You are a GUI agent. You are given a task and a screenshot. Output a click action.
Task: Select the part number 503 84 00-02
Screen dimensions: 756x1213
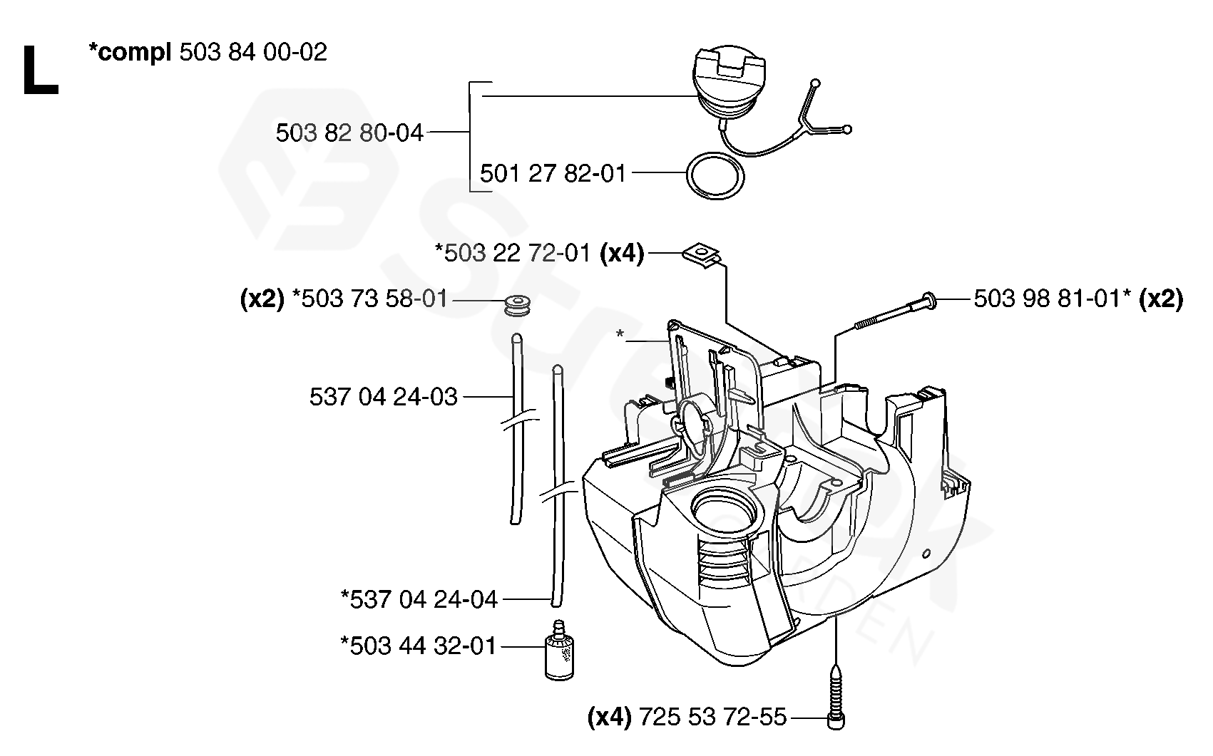coord(253,52)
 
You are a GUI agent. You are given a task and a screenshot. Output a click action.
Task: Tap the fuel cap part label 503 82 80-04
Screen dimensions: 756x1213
coord(349,133)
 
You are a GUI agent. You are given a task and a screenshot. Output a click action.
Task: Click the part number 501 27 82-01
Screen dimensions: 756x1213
coord(553,173)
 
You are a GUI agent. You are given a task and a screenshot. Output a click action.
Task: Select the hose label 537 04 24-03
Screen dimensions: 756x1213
coord(384,396)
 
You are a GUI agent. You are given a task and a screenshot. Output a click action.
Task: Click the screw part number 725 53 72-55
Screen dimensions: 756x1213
coord(713,716)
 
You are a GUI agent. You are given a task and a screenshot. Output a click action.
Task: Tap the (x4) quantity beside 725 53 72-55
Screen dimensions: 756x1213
coord(610,716)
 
